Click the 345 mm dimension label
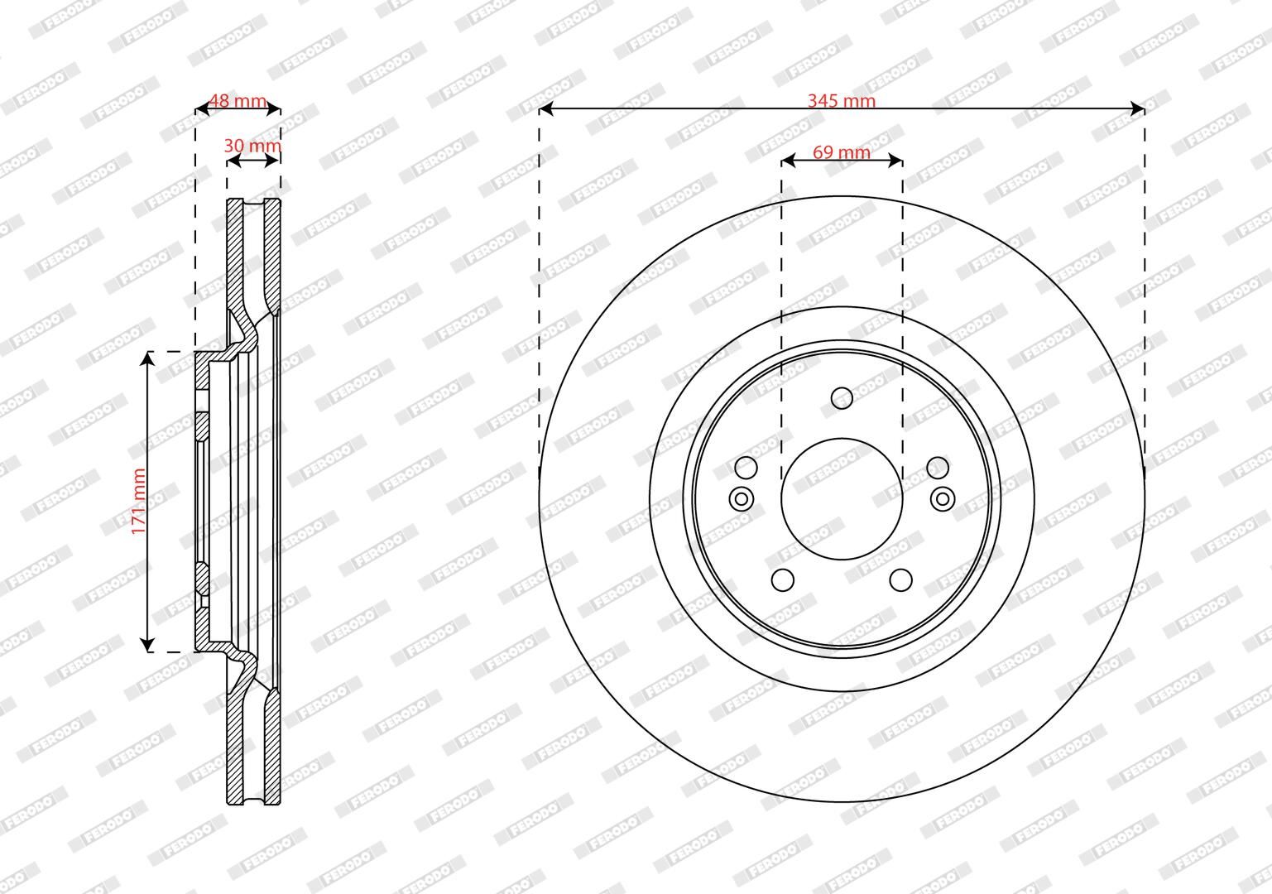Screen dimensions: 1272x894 coord(842,100)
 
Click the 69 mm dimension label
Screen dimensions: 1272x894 coord(842,152)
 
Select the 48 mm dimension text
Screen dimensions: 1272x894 coord(238,100)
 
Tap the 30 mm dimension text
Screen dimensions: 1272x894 coord(252,146)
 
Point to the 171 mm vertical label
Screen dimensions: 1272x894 coord(138,501)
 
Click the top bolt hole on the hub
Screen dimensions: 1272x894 coord(842,397)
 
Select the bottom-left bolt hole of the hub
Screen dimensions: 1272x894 coord(783,580)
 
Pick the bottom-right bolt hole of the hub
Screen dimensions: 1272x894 coord(900,580)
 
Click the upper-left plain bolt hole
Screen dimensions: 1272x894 coord(746,468)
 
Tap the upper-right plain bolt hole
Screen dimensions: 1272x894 coord(938,468)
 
